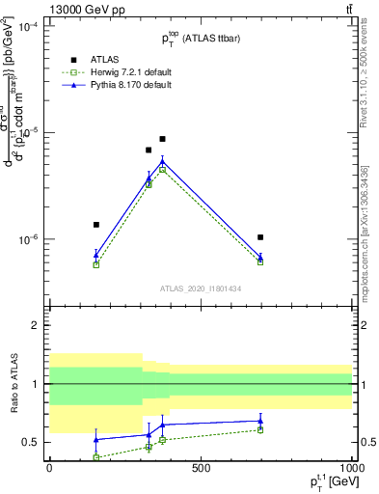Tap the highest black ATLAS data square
162,139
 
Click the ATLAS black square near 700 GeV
260,237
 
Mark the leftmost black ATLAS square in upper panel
96,225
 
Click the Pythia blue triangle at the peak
162,161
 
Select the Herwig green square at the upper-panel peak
162,170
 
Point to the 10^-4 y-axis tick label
28,27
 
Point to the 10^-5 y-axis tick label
28,132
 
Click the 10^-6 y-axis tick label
28,239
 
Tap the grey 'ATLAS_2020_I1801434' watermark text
200,288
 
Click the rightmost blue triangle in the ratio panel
260,421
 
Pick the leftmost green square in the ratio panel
96,456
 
